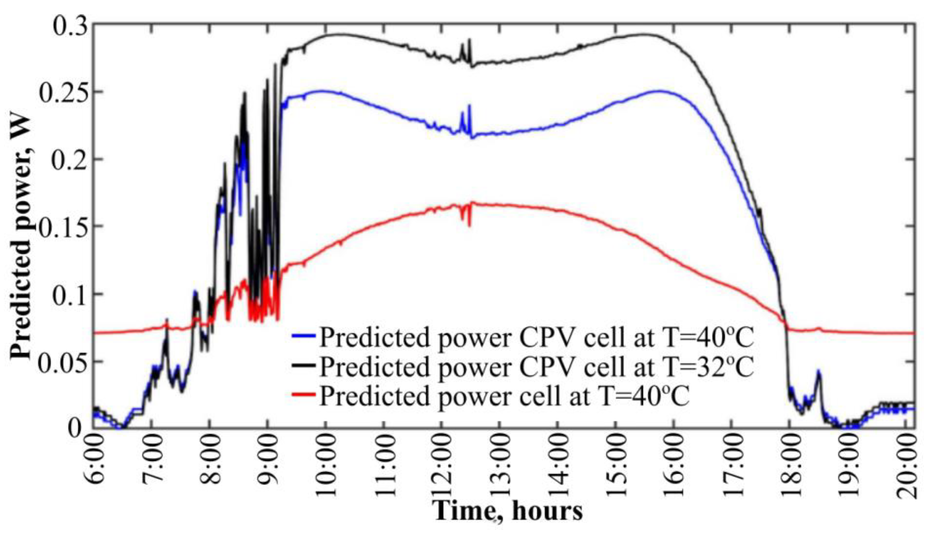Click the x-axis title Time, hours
coord(509,511)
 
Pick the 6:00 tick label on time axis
coord(96,459)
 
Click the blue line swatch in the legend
coord(304,335)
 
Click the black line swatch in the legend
coord(304,365)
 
